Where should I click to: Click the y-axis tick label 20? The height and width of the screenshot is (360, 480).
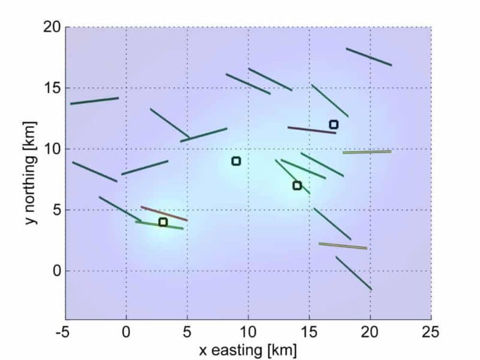(x=52, y=27)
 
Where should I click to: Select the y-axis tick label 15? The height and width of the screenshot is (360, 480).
(x=52, y=88)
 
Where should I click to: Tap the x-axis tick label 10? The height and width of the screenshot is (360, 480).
(x=248, y=332)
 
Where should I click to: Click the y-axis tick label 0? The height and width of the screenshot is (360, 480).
(x=56, y=271)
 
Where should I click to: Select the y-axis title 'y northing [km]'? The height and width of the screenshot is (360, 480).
(x=31, y=173)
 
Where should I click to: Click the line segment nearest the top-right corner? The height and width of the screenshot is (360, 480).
(x=369, y=56)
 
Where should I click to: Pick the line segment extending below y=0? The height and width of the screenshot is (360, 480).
(x=353, y=273)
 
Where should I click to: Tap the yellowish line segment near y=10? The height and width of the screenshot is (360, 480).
(x=367, y=152)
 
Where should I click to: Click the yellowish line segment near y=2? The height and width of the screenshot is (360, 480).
(x=343, y=245)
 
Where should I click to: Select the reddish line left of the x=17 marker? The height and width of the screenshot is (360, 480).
(x=311, y=130)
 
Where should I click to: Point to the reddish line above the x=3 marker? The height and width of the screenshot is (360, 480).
(x=164, y=214)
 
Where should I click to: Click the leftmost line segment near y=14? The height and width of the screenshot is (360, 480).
(x=94, y=101)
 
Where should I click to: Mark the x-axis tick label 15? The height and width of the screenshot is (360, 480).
(x=309, y=332)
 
